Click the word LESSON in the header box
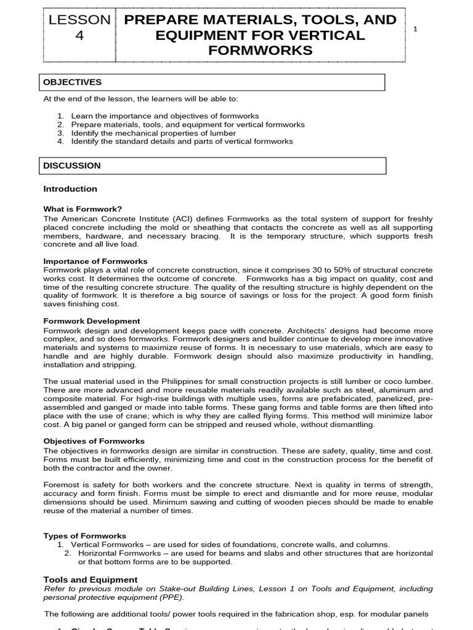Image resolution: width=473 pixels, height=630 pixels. pos(78,20)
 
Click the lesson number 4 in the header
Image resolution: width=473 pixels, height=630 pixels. pos(78,36)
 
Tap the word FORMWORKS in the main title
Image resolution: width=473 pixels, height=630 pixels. pos(261,50)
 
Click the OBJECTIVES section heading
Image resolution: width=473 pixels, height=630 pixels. pos(72,82)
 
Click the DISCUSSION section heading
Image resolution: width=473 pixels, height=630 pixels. pos(72,165)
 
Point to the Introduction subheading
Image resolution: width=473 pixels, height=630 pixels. pos(70,189)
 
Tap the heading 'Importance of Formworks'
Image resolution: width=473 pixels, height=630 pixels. pos(95,261)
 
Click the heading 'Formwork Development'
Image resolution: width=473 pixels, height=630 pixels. pos(92,321)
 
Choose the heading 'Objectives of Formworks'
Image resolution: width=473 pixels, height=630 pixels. pos(94,441)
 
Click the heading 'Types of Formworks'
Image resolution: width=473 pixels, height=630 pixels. pos(84,536)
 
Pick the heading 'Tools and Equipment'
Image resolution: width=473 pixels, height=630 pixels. pos(90,580)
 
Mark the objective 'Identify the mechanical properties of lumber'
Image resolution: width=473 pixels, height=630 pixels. pos(153,133)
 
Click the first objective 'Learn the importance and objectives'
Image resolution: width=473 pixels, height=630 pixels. pos(165,116)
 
